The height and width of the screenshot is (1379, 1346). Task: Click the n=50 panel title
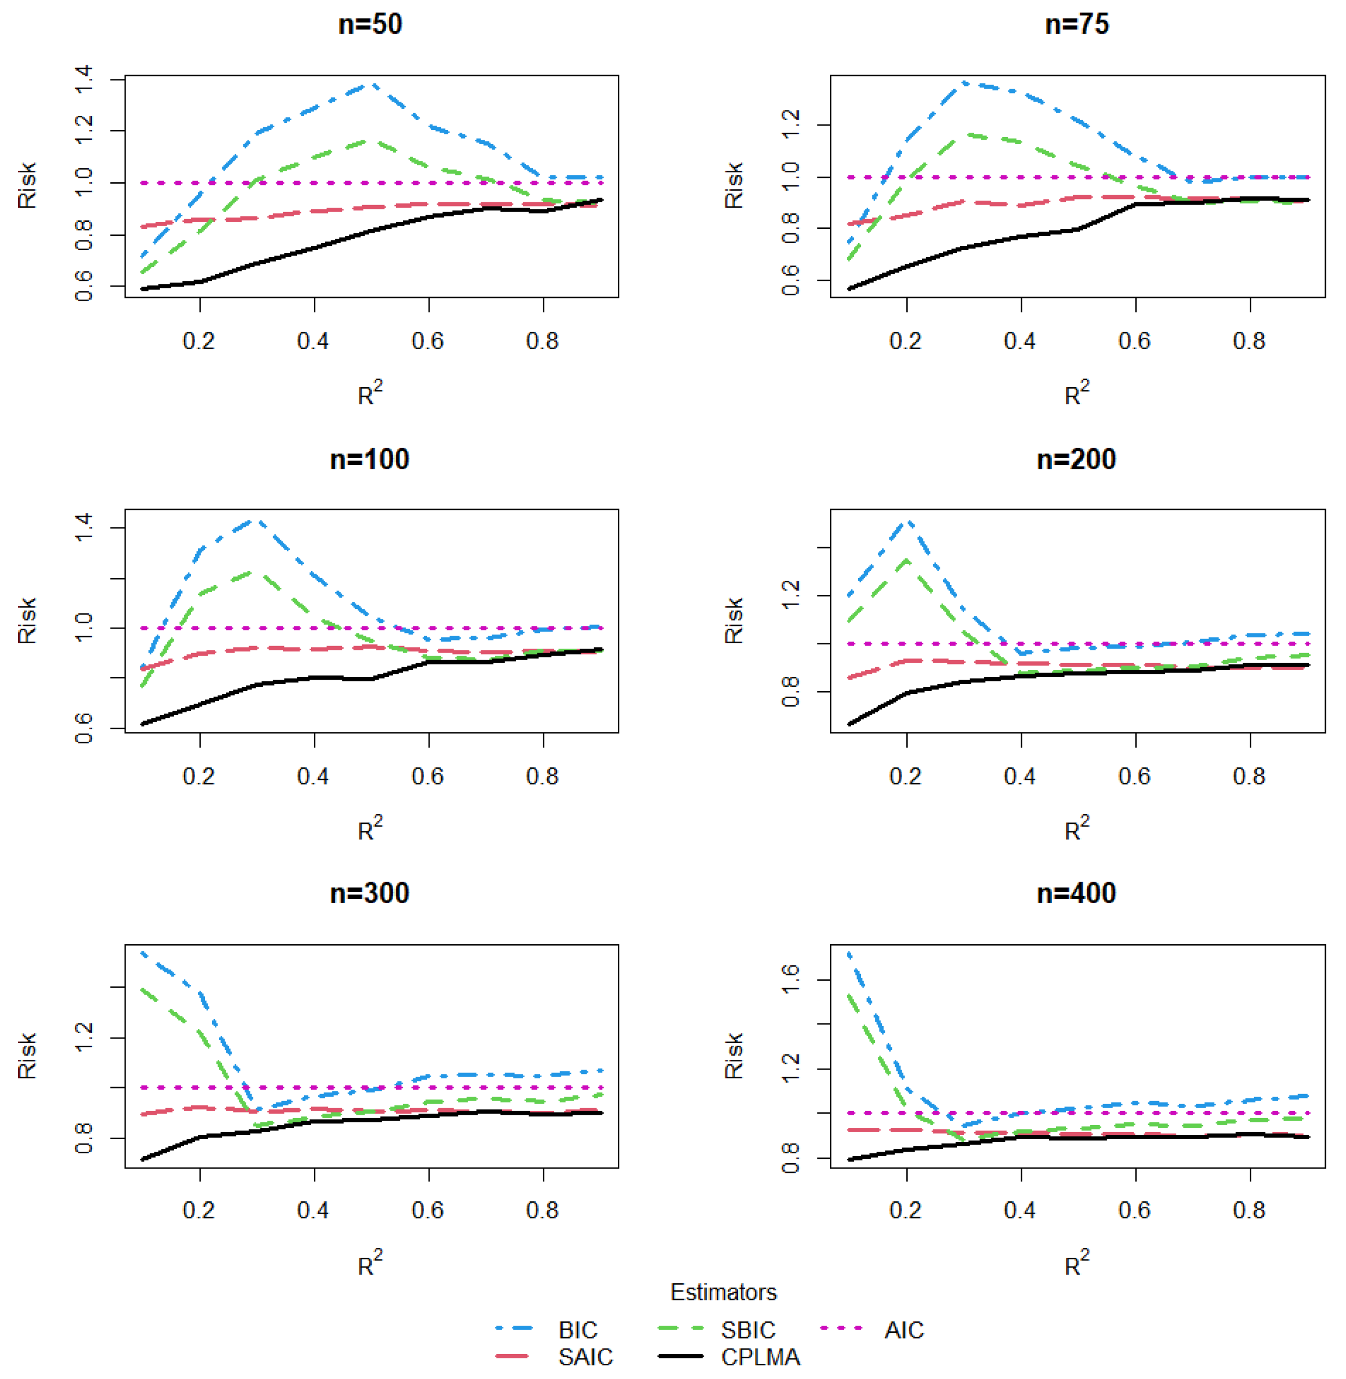(370, 24)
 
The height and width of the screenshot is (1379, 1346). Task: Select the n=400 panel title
(1076, 893)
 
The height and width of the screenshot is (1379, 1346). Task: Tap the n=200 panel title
(1076, 459)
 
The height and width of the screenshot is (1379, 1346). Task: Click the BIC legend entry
(578, 1330)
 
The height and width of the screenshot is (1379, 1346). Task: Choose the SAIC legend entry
(585, 1357)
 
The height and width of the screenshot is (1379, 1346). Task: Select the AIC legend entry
(903, 1330)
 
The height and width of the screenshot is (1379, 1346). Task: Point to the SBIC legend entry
(748, 1330)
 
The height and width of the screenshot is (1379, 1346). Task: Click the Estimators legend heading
(723, 1292)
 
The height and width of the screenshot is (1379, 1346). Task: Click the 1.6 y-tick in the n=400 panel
(790, 980)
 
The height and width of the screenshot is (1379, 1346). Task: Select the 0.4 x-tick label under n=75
(1019, 341)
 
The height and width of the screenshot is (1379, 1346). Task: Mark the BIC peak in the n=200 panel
(908, 521)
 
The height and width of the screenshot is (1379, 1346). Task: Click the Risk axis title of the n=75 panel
(734, 185)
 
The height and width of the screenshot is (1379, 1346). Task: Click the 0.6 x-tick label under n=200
(1134, 776)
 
